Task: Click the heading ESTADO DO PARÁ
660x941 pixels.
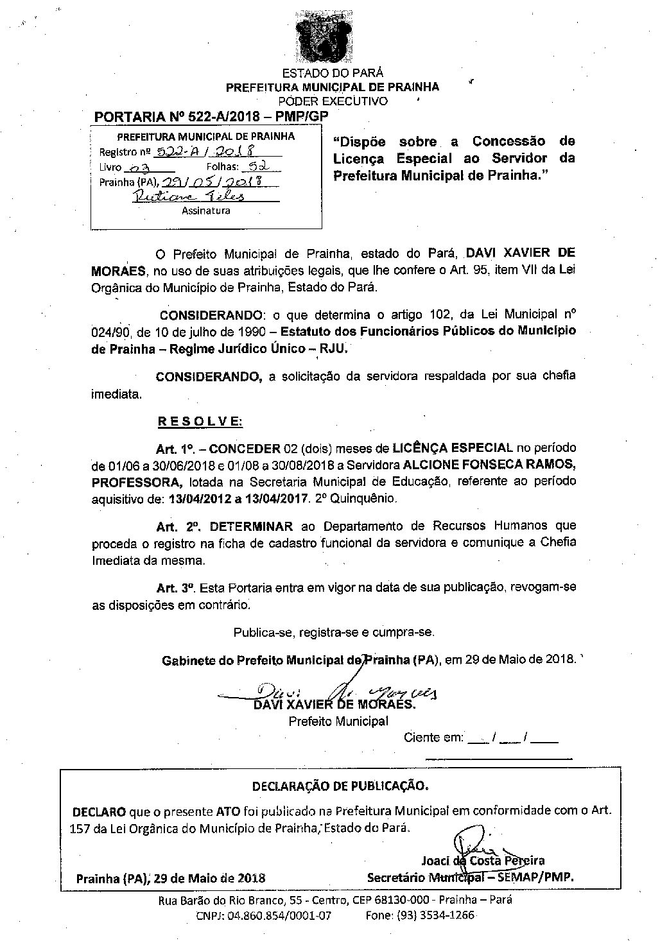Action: [333, 73]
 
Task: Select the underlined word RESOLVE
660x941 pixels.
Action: [200, 422]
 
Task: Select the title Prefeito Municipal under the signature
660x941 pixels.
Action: [338, 721]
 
